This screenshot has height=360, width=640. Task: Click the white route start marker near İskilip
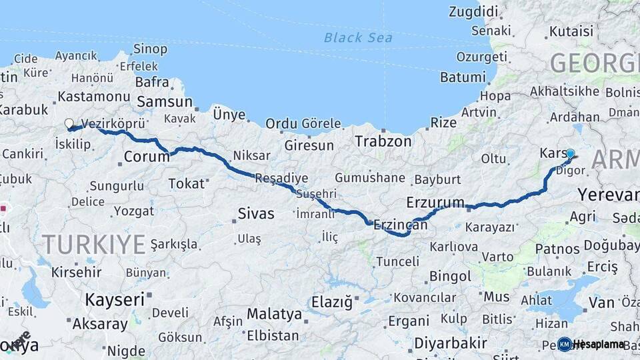click(69, 123)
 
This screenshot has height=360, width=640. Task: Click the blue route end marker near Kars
click(570, 154)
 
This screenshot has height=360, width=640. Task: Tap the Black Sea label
click(358, 37)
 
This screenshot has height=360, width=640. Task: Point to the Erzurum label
click(435, 203)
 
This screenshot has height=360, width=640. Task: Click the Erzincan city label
click(400, 225)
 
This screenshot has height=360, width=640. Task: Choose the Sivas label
click(256, 214)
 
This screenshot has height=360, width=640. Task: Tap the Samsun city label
click(165, 102)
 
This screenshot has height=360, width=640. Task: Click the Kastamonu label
click(93, 97)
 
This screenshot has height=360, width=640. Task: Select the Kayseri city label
click(115, 300)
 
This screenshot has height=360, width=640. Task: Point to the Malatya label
click(274, 313)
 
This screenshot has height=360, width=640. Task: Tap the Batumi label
click(462, 77)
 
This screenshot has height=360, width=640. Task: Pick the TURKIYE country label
click(94, 244)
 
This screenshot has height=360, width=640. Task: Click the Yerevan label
click(608, 195)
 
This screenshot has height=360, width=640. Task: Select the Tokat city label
click(186, 183)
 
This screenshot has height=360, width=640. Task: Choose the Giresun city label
click(309, 145)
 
